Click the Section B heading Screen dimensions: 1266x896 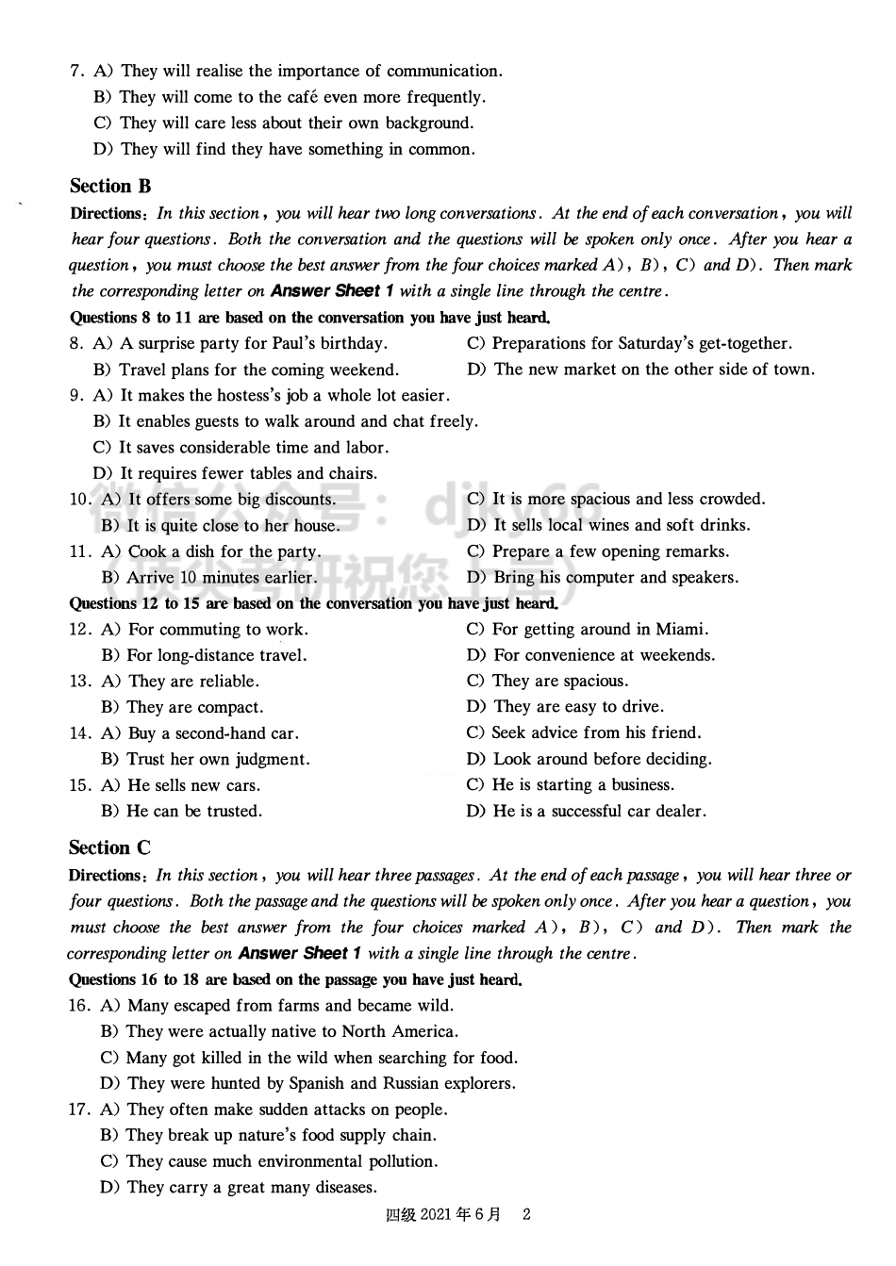(x=110, y=187)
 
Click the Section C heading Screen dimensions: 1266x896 (x=109, y=848)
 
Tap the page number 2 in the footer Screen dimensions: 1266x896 (x=526, y=1214)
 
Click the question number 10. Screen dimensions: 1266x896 (x=80, y=500)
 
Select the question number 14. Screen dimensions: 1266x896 (x=79, y=733)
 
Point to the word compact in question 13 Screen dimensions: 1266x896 (x=229, y=708)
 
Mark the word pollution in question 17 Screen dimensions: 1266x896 (x=401, y=1162)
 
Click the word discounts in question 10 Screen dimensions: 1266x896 (x=299, y=500)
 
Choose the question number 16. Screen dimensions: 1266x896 (x=79, y=1006)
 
